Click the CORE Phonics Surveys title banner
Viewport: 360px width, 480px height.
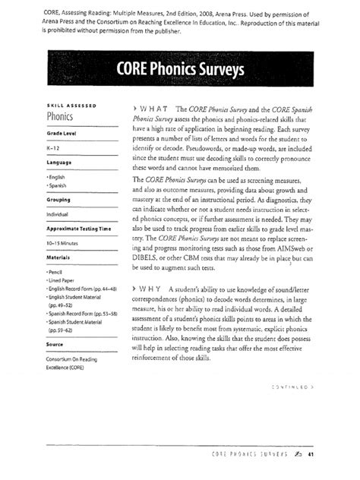pos(179,73)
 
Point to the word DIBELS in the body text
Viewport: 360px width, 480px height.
pos(150,258)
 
